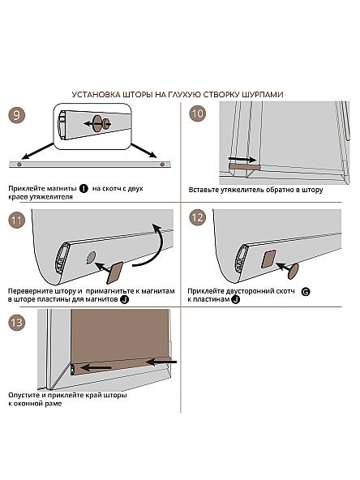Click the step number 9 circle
[16, 115]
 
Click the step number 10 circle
[198, 114]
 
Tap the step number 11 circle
[16, 221]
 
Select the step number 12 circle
[198, 217]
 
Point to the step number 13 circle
[16, 323]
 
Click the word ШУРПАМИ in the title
[263, 95]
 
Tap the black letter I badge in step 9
[84, 189]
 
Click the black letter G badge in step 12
[306, 292]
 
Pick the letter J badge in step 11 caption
[124, 300]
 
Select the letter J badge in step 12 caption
[235, 300]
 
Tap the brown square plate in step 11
[115, 272]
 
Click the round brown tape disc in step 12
[294, 272]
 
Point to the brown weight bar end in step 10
[245, 167]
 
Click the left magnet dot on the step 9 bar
[19, 165]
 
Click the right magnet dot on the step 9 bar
[162, 165]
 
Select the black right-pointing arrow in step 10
[242, 160]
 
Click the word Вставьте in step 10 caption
[202, 190]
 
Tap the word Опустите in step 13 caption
[24, 395]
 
